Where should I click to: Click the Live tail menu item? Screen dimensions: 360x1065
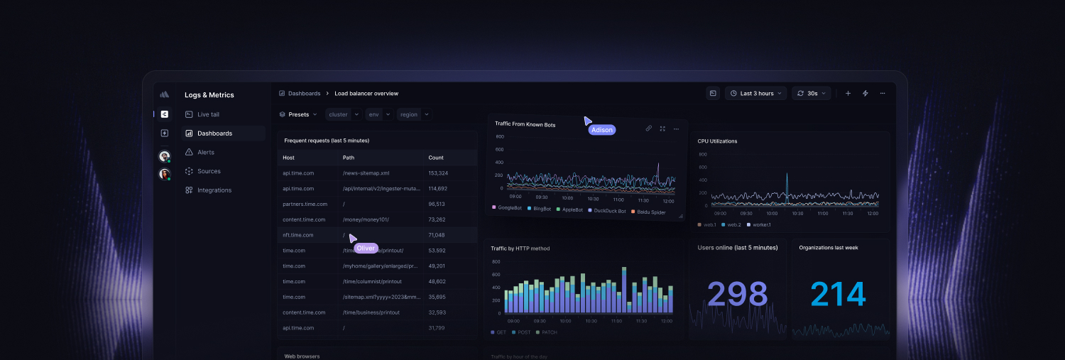click(208, 114)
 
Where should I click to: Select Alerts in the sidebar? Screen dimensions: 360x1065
click(205, 152)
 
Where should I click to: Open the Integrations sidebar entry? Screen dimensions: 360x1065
click(214, 190)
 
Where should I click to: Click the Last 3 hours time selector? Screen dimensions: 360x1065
click(756, 93)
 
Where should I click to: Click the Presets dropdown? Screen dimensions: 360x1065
click(299, 114)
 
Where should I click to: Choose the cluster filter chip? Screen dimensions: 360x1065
click(338, 114)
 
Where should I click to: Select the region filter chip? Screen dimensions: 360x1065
click(408, 114)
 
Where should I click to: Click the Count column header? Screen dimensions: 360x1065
click(436, 158)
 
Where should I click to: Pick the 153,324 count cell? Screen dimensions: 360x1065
click(438, 173)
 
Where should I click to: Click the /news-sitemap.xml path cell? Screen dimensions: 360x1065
click(366, 173)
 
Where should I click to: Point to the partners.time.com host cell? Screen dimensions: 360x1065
click(304, 204)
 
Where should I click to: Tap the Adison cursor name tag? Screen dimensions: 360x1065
click(601, 130)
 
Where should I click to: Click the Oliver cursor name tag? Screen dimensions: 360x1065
click(366, 248)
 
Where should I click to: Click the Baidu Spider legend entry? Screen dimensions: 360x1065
click(651, 212)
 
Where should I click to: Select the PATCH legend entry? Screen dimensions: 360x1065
click(547, 332)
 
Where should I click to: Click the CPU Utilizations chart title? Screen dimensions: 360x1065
click(717, 141)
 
